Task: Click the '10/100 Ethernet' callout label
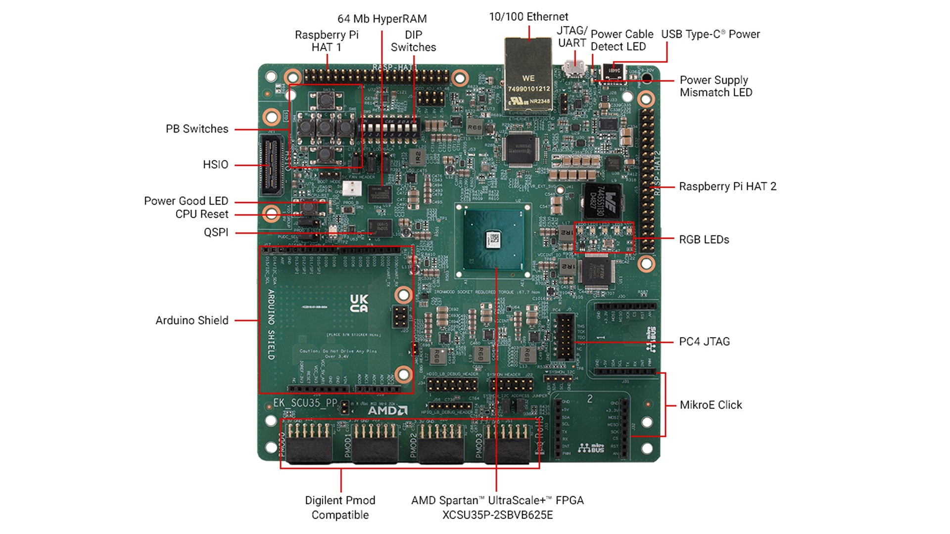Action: point(528,17)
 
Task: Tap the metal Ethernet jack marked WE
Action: point(528,79)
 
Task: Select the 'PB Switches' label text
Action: point(197,129)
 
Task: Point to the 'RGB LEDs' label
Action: point(704,240)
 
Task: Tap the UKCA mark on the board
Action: point(359,303)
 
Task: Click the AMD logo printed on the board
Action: point(387,410)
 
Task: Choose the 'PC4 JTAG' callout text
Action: point(704,342)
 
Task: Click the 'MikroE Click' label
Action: point(711,405)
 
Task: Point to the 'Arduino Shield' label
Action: point(192,320)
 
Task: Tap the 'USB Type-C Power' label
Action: point(711,34)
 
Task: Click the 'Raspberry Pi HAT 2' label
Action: point(727,186)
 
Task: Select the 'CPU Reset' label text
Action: point(202,214)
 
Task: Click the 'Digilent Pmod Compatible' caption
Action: point(340,507)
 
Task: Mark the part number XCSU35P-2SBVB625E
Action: point(497,515)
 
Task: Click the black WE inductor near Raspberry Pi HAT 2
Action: point(603,201)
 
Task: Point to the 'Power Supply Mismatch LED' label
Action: point(715,86)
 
